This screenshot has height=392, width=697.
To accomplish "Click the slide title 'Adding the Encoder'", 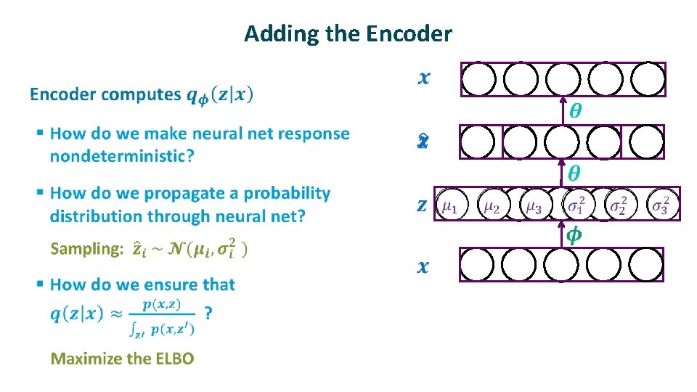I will (x=348, y=33).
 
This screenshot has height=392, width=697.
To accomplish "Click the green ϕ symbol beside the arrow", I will (x=574, y=236).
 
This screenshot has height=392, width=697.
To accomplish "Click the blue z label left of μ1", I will (x=422, y=205).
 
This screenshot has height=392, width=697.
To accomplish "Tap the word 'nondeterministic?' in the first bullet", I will (x=121, y=156).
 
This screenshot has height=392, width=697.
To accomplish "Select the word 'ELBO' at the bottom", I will (x=172, y=359).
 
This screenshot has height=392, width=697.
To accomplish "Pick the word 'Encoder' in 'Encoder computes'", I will (x=63, y=94).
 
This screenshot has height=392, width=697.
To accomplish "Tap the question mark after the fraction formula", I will (x=208, y=313).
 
